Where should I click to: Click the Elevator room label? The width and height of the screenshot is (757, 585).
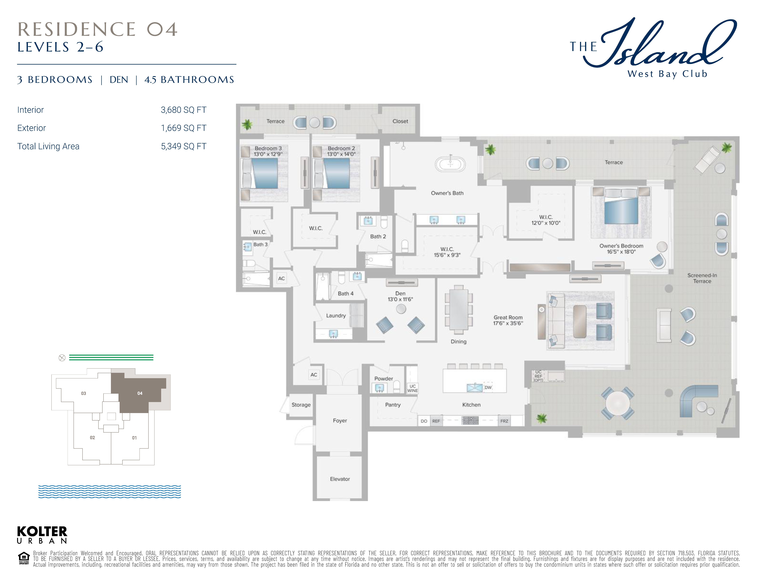(x=340, y=479)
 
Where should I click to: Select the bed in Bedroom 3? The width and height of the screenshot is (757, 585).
(x=260, y=173)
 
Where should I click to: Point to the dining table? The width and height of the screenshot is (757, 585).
(x=459, y=309)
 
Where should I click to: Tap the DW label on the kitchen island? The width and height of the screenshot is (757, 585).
(x=488, y=387)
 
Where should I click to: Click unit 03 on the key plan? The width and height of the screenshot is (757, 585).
(x=83, y=393)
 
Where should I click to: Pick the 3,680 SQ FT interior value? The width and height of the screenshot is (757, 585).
(x=184, y=110)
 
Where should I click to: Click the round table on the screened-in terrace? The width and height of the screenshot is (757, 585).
(x=618, y=403)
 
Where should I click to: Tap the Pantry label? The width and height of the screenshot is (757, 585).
(x=393, y=405)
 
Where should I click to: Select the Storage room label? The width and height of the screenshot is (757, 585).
(x=301, y=405)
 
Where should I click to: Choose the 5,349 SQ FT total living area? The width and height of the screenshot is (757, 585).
(x=184, y=146)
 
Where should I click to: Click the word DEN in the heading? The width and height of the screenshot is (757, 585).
(x=119, y=80)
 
